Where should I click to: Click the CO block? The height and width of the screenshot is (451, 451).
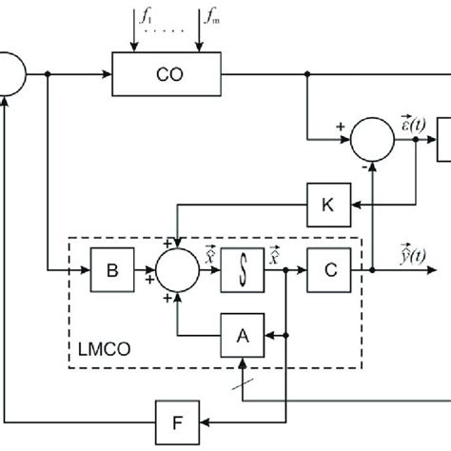point(167,74)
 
